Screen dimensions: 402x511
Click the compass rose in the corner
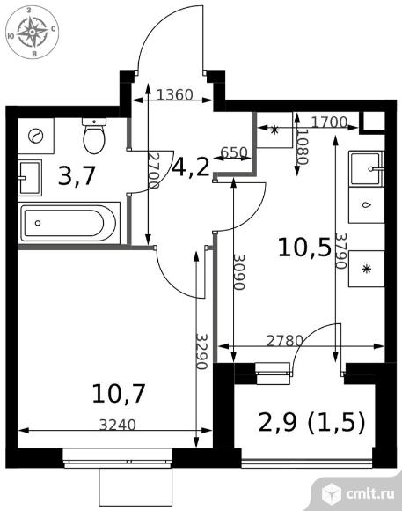pyautogui.click(x=33, y=32)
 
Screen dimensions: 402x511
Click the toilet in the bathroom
pyautogui.click(x=94, y=136)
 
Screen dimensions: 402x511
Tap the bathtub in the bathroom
pyautogui.click(x=69, y=223)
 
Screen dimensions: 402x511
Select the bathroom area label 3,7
pyautogui.click(x=77, y=176)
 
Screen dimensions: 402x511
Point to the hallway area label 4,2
pyautogui.click(x=191, y=167)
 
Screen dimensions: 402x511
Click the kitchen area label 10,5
pyautogui.click(x=304, y=247)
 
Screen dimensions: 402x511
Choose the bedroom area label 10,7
pyautogui.click(x=119, y=393)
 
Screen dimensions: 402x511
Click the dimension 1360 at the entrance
pyautogui.click(x=175, y=95)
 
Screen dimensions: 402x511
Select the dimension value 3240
pyautogui.click(x=117, y=425)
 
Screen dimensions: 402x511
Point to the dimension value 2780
pyautogui.click(x=285, y=341)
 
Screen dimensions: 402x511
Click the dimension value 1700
pyautogui.click(x=329, y=122)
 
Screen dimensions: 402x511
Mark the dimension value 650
pyautogui.click(x=234, y=152)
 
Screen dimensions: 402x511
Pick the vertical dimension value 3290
pyautogui.click(x=201, y=352)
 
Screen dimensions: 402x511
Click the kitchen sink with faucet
pyautogui.click(x=367, y=168)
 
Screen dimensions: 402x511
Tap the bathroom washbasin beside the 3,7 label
pyautogui.click(x=30, y=178)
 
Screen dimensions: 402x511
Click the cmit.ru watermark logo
pyautogui.click(x=357, y=493)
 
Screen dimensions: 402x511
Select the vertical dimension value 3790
pyautogui.click(x=341, y=251)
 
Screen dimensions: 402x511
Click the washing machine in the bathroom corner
pyautogui.click(x=35, y=136)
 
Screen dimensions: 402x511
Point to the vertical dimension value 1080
pyautogui.click(x=303, y=147)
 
